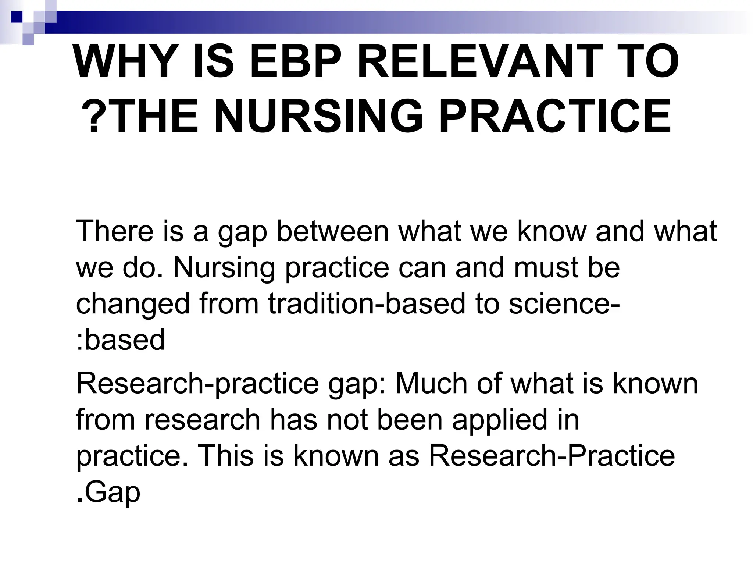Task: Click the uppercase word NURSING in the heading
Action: pos(318,116)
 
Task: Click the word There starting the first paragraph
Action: pos(114,231)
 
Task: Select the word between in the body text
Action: pos(332,231)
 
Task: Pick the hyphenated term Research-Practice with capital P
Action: pos(552,456)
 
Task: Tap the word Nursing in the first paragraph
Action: pos(224,267)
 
